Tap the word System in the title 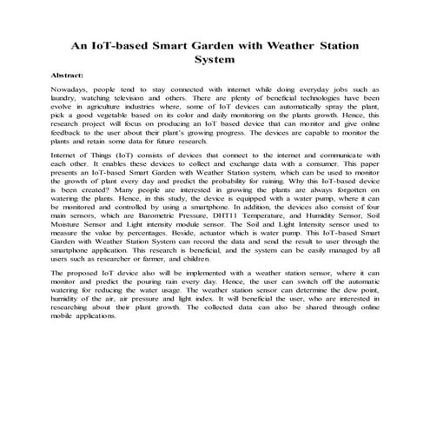pos(215,61)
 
